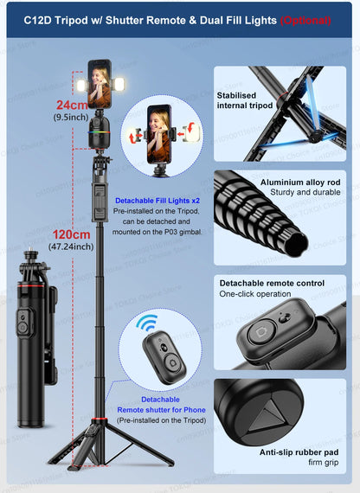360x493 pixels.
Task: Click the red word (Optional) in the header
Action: pos(305,21)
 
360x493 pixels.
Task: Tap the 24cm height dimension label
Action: pos(72,105)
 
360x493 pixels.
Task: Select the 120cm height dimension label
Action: pos(72,234)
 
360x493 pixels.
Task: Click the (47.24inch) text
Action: pos(71,246)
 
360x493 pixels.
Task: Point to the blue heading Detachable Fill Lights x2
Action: pos(157,201)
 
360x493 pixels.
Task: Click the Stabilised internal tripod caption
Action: pos(245,100)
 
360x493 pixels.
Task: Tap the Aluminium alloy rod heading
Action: pos(300,182)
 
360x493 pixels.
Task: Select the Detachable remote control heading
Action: pos(272,283)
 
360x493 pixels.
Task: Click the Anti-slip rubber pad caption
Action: pos(299,452)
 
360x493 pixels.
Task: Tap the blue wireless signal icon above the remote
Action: pos(147,323)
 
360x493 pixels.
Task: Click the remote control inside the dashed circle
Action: pos(164,357)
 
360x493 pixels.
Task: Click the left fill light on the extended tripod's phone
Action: pos(82,86)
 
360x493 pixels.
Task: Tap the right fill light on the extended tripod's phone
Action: pos(119,84)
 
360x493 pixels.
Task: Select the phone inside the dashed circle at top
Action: pos(159,134)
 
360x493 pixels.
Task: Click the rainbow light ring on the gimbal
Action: pos(99,132)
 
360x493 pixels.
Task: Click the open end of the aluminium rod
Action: pos(296,246)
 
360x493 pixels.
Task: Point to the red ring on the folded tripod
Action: pos(31,285)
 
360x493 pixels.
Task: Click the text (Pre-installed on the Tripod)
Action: pos(162,420)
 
